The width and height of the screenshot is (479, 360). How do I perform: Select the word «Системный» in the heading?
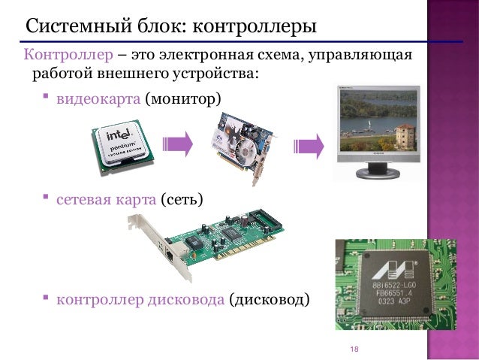(x=75, y=28)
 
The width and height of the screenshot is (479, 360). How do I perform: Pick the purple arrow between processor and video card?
(x=178, y=144)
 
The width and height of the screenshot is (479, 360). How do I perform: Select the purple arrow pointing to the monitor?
(x=309, y=146)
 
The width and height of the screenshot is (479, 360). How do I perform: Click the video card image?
(x=239, y=147)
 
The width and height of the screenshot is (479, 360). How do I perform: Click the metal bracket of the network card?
(x=137, y=225)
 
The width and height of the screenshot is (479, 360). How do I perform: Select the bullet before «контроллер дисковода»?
(x=46, y=299)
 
